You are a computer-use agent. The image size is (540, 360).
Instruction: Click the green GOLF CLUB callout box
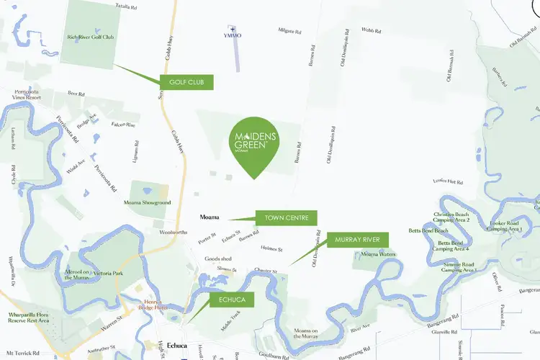click(x=186, y=82)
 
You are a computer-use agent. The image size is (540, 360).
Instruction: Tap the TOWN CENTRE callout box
click(x=287, y=217)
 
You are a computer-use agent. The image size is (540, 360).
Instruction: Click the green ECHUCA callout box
click(x=233, y=300)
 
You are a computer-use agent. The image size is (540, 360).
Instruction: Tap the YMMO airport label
click(x=233, y=35)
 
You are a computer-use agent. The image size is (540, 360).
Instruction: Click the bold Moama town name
click(x=210, y=217)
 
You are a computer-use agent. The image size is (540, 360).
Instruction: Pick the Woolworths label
click(x=173, y=233)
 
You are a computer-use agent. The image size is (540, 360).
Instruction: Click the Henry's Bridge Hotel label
click(x=156, y=304)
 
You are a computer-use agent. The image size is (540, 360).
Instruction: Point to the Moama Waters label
click(x=378, y=254)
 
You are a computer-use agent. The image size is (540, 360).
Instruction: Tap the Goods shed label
click(x=217, y=258)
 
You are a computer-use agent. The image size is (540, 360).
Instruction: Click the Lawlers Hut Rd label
click(x=448, y=182)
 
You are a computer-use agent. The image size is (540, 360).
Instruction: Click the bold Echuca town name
click(x=177, y=346)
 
